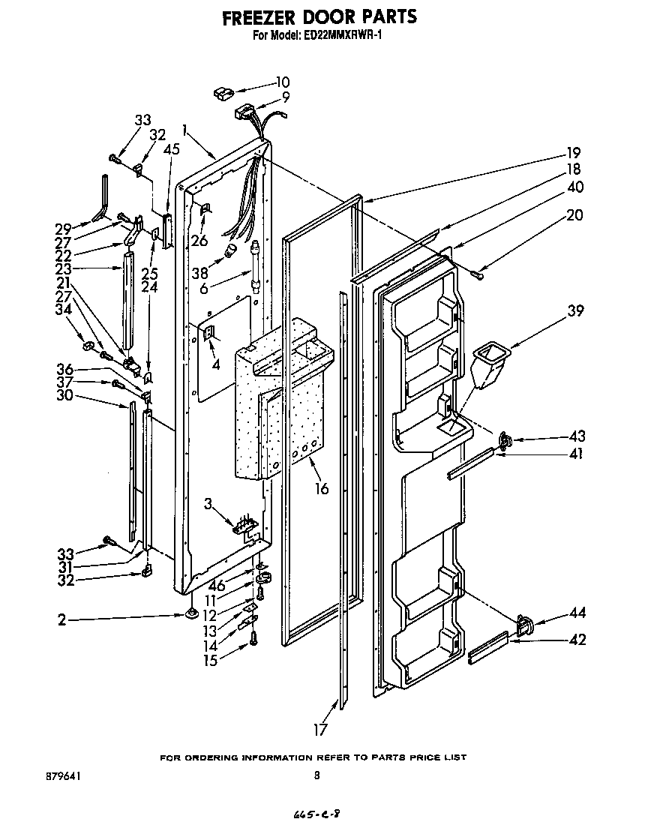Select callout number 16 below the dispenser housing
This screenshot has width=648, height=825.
[322, 489]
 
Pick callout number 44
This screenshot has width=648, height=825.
[577, 613]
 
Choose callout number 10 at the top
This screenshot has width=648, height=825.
[283, 82]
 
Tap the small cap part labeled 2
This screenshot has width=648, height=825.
[191, 615]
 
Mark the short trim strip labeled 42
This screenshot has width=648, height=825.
[488, 646]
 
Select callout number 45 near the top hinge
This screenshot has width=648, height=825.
[172, 150]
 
